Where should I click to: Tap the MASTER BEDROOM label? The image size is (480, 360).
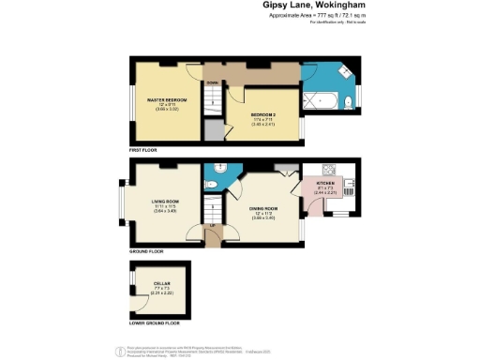click(x=167, y=99)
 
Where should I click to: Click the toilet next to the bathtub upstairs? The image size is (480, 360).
click(x=343, y=98)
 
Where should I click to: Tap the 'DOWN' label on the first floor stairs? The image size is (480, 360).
click(x=213, y=82)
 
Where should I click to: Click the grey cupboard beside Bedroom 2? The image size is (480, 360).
click(x=215, y=131)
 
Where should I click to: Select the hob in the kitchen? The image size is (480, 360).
click(x=330, y=171)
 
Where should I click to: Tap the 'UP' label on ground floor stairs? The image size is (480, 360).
click(x=213, y=226)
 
